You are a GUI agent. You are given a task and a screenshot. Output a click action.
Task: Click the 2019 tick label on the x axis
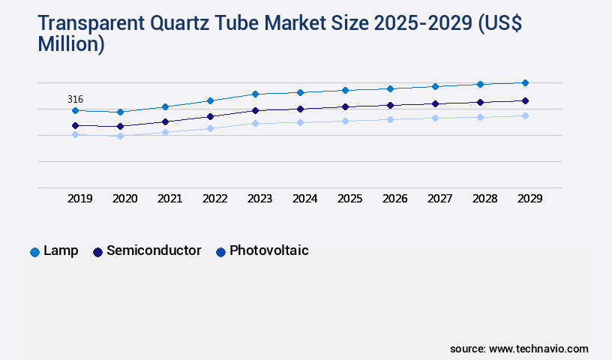tap(80, 199)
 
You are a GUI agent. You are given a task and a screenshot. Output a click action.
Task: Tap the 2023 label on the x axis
tap(260, 199)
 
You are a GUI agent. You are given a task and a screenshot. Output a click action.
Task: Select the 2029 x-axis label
tap(529, 199)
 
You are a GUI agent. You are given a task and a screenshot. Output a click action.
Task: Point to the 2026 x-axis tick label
tap(395, 199)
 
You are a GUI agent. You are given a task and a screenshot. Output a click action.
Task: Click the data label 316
tap(75, 99)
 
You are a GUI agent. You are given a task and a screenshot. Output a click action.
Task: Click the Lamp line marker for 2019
tap(75, 110)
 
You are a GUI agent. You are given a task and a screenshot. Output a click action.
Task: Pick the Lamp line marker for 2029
tap(525, 82)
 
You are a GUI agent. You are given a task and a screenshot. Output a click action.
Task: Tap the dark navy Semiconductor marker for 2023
tap(255, 110)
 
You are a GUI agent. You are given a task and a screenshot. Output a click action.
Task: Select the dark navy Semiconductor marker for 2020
tap(120, 126)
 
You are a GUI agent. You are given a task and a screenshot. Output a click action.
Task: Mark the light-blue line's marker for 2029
tap(525, 115)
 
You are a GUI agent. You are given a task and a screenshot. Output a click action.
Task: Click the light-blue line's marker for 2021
tap(165, 132)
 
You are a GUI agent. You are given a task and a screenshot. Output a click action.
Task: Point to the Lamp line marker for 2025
tap(345, 90)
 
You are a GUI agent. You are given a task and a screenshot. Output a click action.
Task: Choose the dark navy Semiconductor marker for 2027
tap(435, 103)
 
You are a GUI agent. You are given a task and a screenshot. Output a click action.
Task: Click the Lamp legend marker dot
tap(34, 252)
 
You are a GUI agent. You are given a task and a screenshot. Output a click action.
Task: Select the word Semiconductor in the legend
tap(154, 250)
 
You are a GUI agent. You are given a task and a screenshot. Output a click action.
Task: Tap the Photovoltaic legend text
tap(268, 250)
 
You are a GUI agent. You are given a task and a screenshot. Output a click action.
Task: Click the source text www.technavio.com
tap(538, 349)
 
